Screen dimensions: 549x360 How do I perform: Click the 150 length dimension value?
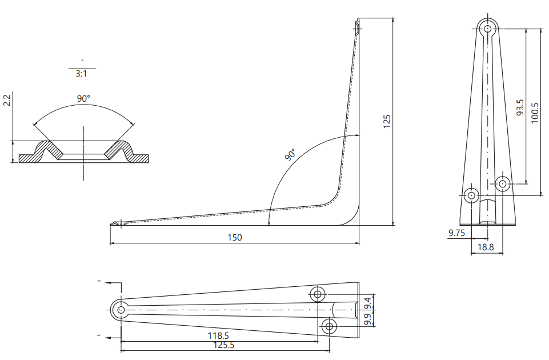click(235, 238)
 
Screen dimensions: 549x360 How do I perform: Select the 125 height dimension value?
click(387, 121)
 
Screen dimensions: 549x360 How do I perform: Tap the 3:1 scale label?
click(81, 74)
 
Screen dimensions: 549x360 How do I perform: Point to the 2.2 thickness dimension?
click(7, 100)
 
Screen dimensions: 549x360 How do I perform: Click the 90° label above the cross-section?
click(83, 99)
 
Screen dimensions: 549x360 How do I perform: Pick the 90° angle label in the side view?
click(290, 154)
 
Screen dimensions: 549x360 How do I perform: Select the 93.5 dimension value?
click(520, 107)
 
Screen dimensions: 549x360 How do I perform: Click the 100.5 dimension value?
click(535, 113)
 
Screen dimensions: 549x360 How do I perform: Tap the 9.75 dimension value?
click(456, 233)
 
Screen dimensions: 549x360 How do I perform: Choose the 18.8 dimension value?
click(486, 247)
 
